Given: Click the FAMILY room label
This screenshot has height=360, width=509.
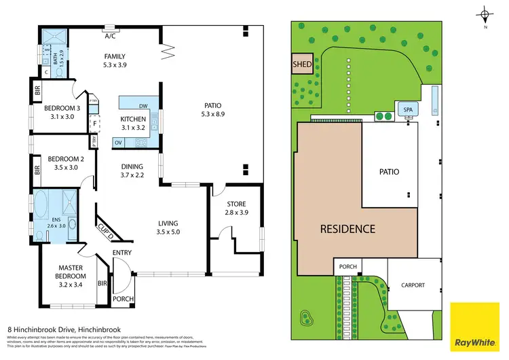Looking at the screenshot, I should tap(115, 56).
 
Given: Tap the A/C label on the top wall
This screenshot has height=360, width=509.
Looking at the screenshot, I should tap(109, 29).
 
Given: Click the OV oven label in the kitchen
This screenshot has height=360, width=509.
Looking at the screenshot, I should tap(117, 143).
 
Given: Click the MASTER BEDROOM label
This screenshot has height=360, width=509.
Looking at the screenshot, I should tap(70, 272).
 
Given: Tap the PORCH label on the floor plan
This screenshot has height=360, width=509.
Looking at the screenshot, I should tap(123, 299).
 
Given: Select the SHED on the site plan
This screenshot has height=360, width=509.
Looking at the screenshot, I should tap(301, 65).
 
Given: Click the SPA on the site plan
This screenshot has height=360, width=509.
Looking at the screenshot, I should tap(408, 110).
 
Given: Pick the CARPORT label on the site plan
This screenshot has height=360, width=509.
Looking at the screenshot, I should tap(412, 285).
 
